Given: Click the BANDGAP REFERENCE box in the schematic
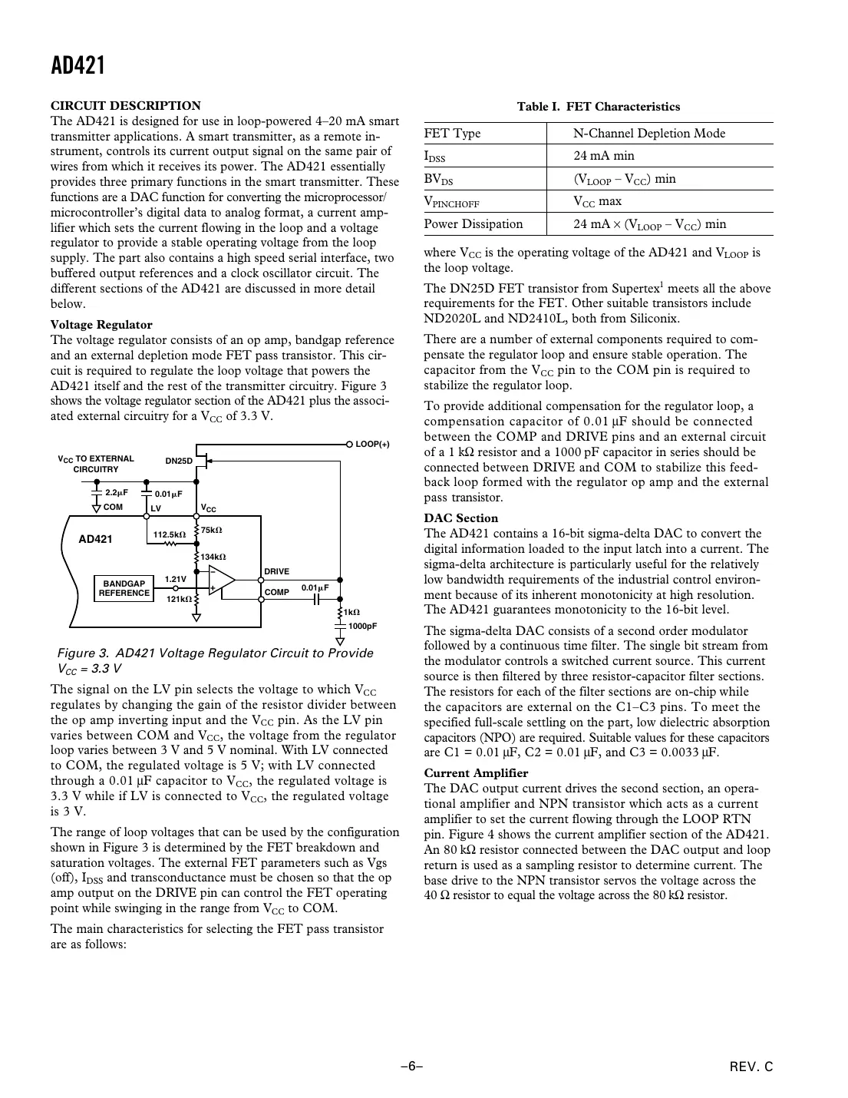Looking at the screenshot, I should click(x=124, y=588).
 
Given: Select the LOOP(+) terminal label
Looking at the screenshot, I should click(x=372, y=445).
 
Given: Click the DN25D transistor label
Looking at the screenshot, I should click(x=179, y=461).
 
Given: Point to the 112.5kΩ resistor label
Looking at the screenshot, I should click(x=169, y=534).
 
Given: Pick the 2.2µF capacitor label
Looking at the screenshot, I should click(x=116, y=493).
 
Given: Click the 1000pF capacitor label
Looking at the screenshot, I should click(x=362, y=627).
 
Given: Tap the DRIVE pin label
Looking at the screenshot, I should click(x=277, y=571).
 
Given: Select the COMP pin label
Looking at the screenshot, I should click(x=277, y=592).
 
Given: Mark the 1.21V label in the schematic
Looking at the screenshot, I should click(x=176, y=580).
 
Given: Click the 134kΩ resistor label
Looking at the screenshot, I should click(x=213, y=556).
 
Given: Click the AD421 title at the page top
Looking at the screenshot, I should click(x=78, y=65).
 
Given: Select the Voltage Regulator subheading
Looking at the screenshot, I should click(x=101, y=325).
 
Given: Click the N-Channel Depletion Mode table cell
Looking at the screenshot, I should click(x=648, y=134).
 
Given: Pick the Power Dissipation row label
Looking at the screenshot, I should click(x=473, y=224).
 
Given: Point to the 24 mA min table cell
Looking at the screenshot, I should click(x=604, y=156).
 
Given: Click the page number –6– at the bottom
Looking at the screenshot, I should click(x=411, y=1067).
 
